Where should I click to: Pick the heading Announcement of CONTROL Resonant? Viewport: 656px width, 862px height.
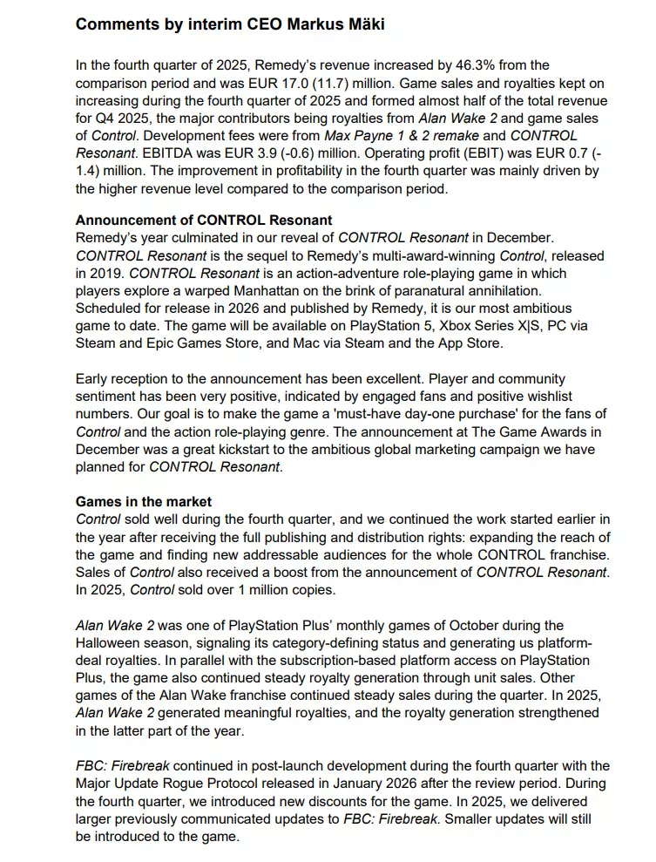tap(204, 221)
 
